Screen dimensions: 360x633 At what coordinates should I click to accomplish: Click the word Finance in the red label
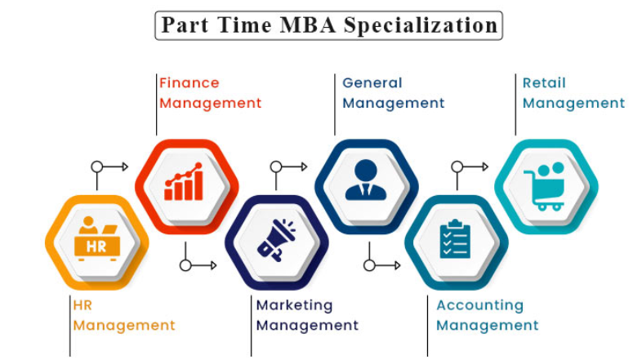189,82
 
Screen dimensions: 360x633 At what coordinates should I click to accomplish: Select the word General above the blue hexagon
372,82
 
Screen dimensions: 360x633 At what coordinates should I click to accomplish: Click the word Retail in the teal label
544,82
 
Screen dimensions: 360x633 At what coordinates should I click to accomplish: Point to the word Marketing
295,304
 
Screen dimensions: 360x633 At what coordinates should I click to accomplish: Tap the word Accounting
480,304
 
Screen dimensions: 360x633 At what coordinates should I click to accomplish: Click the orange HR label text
82,304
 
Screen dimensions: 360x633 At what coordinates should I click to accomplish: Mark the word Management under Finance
211,103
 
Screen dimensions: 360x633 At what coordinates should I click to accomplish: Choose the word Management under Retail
573,103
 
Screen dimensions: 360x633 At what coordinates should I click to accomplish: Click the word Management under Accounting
488,325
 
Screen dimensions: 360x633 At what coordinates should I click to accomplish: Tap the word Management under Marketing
308,325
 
